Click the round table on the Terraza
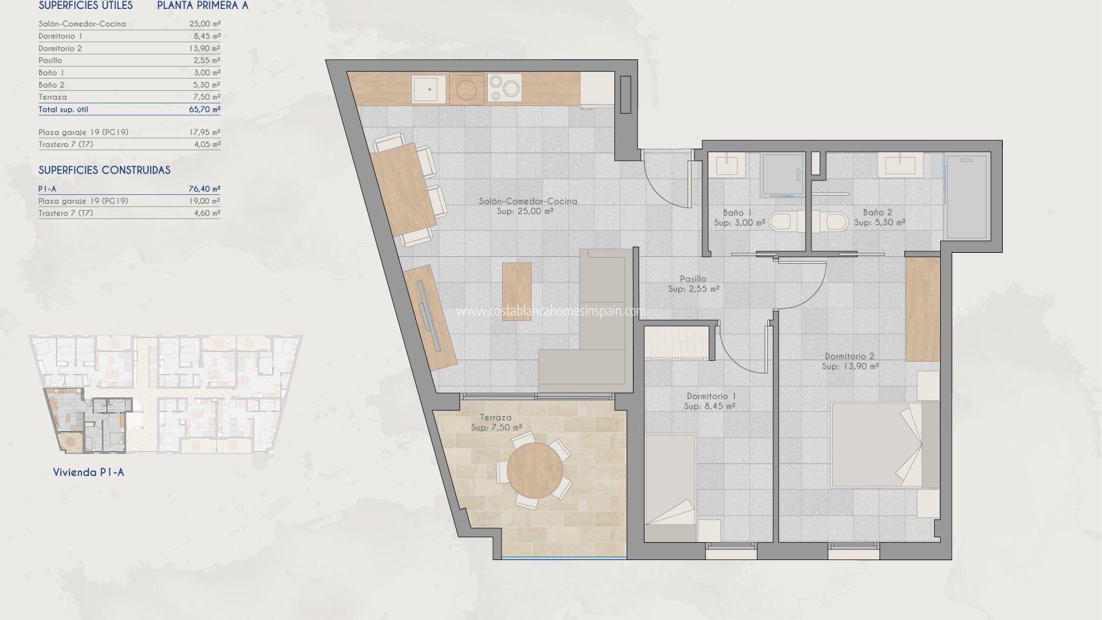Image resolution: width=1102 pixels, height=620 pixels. (x=534, y=471)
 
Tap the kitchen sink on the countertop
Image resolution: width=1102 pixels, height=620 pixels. (x=428, y=89)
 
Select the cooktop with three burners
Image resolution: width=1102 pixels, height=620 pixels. (x=504, y=88)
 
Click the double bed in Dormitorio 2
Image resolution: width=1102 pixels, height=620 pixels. (x=885, y=445)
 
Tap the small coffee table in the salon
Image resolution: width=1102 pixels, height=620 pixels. (x=517, y=291)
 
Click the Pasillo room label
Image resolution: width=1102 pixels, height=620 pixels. (x=693, y=278)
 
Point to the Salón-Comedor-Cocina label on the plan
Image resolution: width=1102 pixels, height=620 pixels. (x=528, y=200)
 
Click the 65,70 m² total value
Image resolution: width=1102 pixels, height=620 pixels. (x=205, y=110)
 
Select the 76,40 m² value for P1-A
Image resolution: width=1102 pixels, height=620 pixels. (x=205, y=189)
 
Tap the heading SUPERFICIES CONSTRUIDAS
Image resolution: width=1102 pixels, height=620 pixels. (x=104, y=170)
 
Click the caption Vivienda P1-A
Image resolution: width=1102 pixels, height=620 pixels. (x=89, y=473)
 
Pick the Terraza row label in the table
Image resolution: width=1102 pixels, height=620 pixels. (x=52, y=97)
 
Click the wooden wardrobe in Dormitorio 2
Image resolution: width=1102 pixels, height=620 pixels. (x=923, y=309)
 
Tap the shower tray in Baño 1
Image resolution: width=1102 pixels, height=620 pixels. (x=782, y=175)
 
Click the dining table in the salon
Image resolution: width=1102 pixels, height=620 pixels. (x=404, y=189)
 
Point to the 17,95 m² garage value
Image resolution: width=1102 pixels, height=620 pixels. (x=205, y=132)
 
